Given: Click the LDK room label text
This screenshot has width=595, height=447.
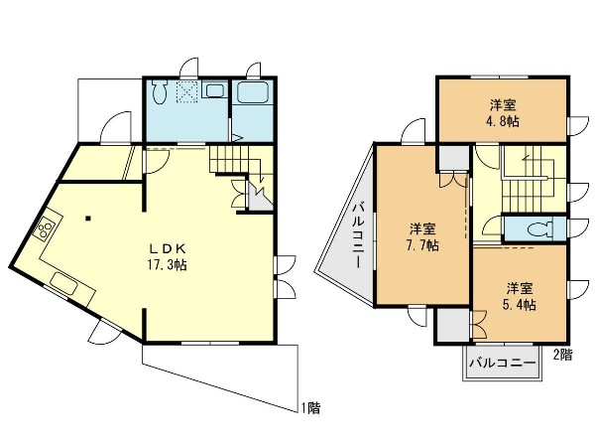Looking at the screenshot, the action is click(x=167, y=249).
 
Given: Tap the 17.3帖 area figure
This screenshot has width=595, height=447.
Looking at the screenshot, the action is click(x=167, y=264).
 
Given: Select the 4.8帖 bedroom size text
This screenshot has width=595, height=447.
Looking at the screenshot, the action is click(x=503, y=121).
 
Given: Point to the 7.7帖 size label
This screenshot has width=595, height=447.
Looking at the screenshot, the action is click(x=422, y=245).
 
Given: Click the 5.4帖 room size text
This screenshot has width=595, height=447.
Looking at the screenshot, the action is click(x=520, y=305).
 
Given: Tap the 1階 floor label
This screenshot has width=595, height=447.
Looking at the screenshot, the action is click(x=310, y=408).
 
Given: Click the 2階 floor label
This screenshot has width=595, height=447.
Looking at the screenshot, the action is click(x=562, y=355).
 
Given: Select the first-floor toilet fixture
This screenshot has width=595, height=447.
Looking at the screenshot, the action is click(x=160, y=91).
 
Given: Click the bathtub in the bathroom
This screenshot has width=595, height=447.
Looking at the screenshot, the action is click(x=252, y=92).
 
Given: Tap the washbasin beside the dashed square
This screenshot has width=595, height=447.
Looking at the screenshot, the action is click(x=213, y=90).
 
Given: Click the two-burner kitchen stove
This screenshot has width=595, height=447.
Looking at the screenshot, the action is click(x=46, y=227).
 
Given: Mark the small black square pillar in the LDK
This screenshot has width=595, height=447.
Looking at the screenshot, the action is click(x=88, y=219).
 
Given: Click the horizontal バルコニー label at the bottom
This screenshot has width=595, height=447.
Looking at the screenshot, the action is click(x=503, y=363).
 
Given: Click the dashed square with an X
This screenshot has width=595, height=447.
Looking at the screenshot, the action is click(x=187, y=91).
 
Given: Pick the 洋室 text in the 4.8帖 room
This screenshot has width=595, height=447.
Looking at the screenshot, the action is click(x=503, y=104).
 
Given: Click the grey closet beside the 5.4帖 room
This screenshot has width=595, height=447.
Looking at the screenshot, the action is click(x=453, y=325).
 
